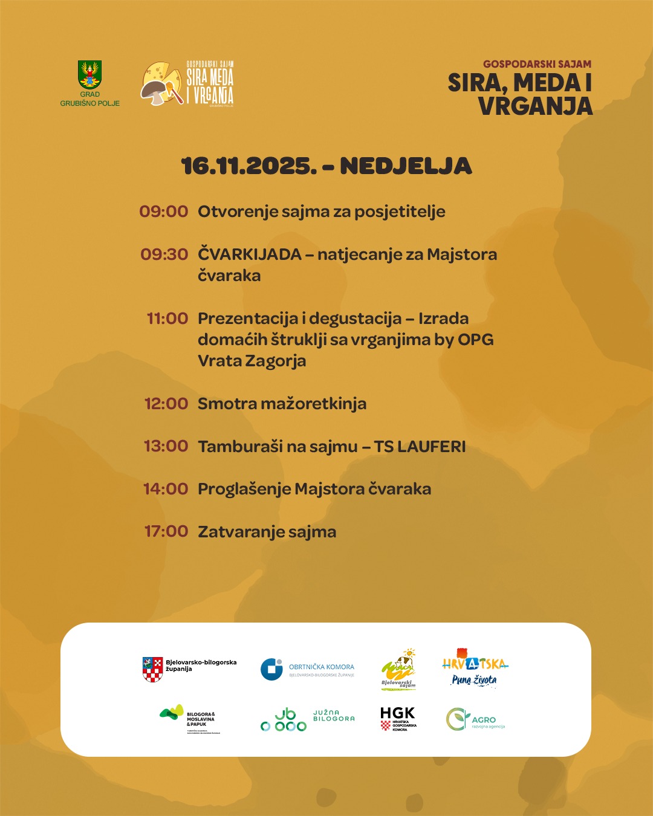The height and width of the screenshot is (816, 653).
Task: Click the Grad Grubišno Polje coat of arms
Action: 89,74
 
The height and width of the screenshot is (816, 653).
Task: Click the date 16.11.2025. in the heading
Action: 249,166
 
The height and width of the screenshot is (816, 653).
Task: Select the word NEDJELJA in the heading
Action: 406,166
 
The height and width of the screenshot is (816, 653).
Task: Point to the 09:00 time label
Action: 164,212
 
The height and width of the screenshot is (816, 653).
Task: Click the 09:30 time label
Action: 164,254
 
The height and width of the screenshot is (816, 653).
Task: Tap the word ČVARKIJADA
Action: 249,254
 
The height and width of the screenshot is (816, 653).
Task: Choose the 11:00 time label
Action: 167,319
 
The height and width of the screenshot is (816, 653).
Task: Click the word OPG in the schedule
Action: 475,340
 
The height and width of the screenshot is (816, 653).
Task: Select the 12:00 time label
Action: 166,404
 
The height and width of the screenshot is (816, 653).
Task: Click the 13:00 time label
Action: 166,446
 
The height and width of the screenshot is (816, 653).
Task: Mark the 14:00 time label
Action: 166,489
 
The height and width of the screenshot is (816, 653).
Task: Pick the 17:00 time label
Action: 166,531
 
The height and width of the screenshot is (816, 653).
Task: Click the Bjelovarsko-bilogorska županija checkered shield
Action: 152,670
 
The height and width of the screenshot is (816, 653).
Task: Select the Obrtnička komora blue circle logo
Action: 271,670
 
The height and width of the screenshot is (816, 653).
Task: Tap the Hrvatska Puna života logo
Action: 475,669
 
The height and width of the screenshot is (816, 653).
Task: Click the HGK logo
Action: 398,718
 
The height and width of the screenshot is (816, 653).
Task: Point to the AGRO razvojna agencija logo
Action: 475,719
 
